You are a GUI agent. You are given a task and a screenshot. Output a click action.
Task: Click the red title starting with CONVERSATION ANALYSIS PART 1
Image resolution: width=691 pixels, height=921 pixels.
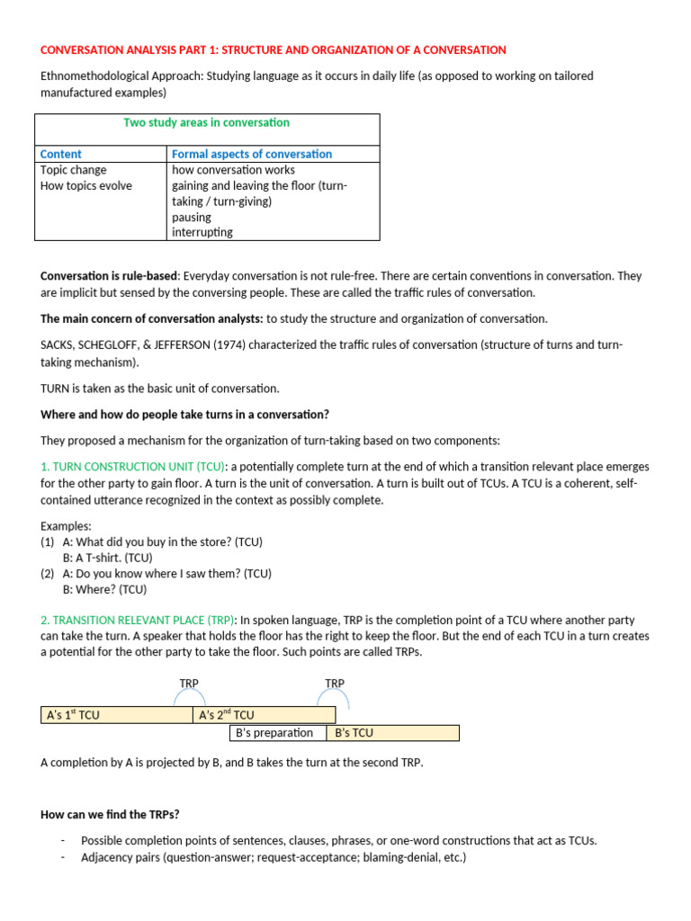pos(274,49)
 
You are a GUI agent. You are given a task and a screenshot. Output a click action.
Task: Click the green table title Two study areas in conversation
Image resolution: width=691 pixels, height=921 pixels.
pos(206,122)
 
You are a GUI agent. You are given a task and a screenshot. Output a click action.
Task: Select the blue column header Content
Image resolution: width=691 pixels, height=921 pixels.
pos(61,154)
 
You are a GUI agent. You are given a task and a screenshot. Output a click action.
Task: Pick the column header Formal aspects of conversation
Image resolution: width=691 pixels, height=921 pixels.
pos(252,154)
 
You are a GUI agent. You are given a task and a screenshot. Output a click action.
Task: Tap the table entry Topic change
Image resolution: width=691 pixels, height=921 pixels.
pos(74,170)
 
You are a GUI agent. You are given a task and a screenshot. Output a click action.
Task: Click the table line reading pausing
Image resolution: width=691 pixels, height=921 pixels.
pos(192,217)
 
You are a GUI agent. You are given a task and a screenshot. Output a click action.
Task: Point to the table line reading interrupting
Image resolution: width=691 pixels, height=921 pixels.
pos(202,232)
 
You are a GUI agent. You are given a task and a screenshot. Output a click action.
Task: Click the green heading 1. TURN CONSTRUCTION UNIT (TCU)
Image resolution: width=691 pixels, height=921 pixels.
pos(134,467)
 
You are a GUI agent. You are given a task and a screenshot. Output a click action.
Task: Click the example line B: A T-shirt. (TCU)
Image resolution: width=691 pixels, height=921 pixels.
pos(107,558)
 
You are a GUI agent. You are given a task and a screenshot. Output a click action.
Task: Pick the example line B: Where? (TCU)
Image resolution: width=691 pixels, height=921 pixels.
pos(104,590)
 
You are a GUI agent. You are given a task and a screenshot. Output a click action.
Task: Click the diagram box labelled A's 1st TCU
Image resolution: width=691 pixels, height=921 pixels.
pos(115,715)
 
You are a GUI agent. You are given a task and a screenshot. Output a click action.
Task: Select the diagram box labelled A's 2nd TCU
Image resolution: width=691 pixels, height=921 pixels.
pos(264,715)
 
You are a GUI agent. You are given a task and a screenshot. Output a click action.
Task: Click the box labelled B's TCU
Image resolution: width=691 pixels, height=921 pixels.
pos(392,732)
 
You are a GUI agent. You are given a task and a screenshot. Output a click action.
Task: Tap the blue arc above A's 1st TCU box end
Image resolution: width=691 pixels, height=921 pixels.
pos(190,694)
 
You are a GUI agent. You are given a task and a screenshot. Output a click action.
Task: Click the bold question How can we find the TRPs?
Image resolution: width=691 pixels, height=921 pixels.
pos(110,814)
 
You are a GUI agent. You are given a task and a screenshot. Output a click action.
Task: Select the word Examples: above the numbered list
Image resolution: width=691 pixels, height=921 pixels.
pos(67,525)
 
